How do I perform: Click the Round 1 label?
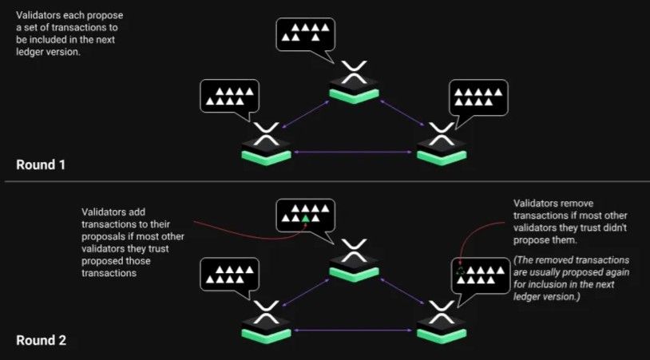[x=41, y=165]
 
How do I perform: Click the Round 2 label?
[x=41, y=341]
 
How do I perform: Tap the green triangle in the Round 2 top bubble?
[x=306, y=219]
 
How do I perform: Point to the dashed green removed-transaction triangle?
[x=460, y=271]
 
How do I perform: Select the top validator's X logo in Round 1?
[x=354, y=72]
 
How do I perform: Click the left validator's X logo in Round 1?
[x=266, y=134]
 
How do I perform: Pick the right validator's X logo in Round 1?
[x=442, y=134]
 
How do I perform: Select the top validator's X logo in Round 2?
[x=354, y=251]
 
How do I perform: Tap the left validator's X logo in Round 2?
[x=266, y=312]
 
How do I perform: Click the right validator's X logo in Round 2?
[x=442, y=312]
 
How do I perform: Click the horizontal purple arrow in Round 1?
[x=353, y=152]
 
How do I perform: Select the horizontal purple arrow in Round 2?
[x=353, y=330]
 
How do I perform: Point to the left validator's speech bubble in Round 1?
[x=230, y=97]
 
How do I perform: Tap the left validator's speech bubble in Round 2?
[x=230, y=276]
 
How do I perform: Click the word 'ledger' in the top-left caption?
[x=30, y=52]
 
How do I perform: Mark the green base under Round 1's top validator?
[x=354, y=96]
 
